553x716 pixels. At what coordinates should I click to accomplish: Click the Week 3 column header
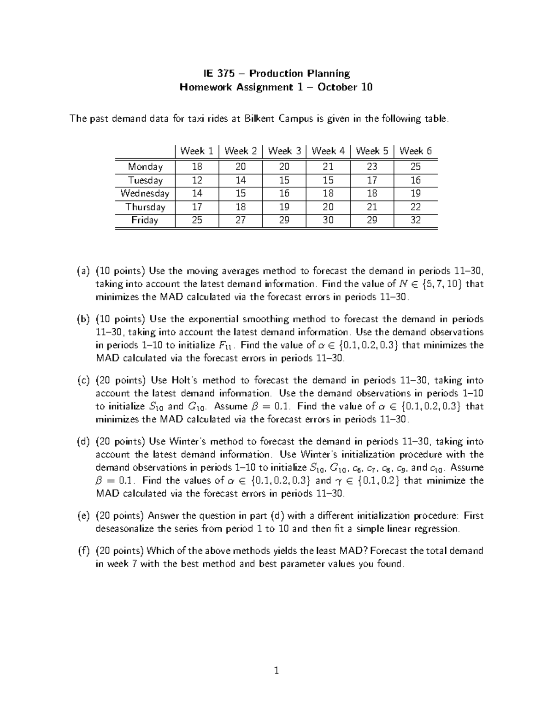pos(284,151)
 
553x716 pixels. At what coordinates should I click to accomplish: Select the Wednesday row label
pos(145,193)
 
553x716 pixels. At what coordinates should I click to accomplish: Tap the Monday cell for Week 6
pos(415,166)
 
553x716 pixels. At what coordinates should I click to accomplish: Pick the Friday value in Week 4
pos(328,220)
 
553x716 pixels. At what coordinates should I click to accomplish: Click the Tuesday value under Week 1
pos(197,180)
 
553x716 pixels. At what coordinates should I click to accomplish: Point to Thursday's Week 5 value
pos(372,207)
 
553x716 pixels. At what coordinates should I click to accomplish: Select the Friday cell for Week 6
pos(415,220)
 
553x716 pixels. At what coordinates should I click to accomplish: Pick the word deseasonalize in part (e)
pos(124,528)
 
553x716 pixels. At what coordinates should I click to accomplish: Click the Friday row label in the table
pos(145,220)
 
